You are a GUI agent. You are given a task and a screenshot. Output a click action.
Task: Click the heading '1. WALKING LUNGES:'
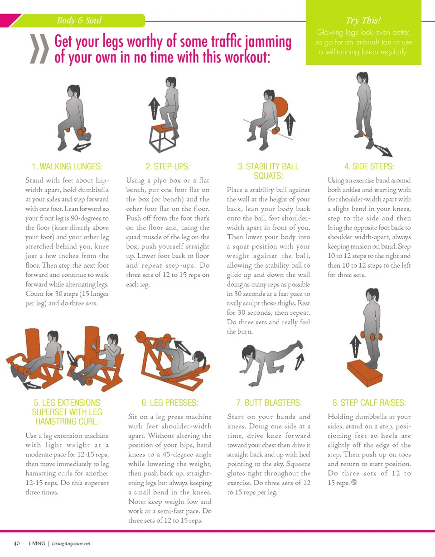coord(67,166)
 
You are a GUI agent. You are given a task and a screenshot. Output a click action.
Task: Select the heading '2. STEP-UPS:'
coord(168,166)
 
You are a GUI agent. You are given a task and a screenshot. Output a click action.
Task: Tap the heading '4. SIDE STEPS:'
coord(369,166)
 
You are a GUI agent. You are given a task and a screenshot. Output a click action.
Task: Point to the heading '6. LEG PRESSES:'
coord(170,403)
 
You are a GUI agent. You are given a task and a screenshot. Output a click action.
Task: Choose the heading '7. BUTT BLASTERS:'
coord(269,403)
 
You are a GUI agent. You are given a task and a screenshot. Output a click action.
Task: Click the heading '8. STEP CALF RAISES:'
coord(369,403)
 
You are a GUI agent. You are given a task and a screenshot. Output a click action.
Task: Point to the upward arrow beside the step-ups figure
coord(154,108)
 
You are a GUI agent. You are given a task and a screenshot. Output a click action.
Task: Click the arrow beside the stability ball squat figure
coord(290,124)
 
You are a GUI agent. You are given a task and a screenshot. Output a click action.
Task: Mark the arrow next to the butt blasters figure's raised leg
coord(300,362)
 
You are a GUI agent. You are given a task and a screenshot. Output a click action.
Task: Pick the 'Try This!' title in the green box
coord(363,20)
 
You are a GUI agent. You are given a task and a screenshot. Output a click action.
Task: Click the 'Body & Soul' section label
coord(79,20)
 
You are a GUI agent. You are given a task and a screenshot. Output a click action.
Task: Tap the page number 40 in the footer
coord(17,543)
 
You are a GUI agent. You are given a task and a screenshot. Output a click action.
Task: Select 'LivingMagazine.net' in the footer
coord(71,544)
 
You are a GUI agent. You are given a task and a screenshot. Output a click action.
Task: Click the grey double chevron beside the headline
coord(39,49)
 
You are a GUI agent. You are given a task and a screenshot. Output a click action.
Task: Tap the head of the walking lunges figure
coord(73,91)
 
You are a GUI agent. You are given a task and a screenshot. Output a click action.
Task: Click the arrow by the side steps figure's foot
coord(383,150)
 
